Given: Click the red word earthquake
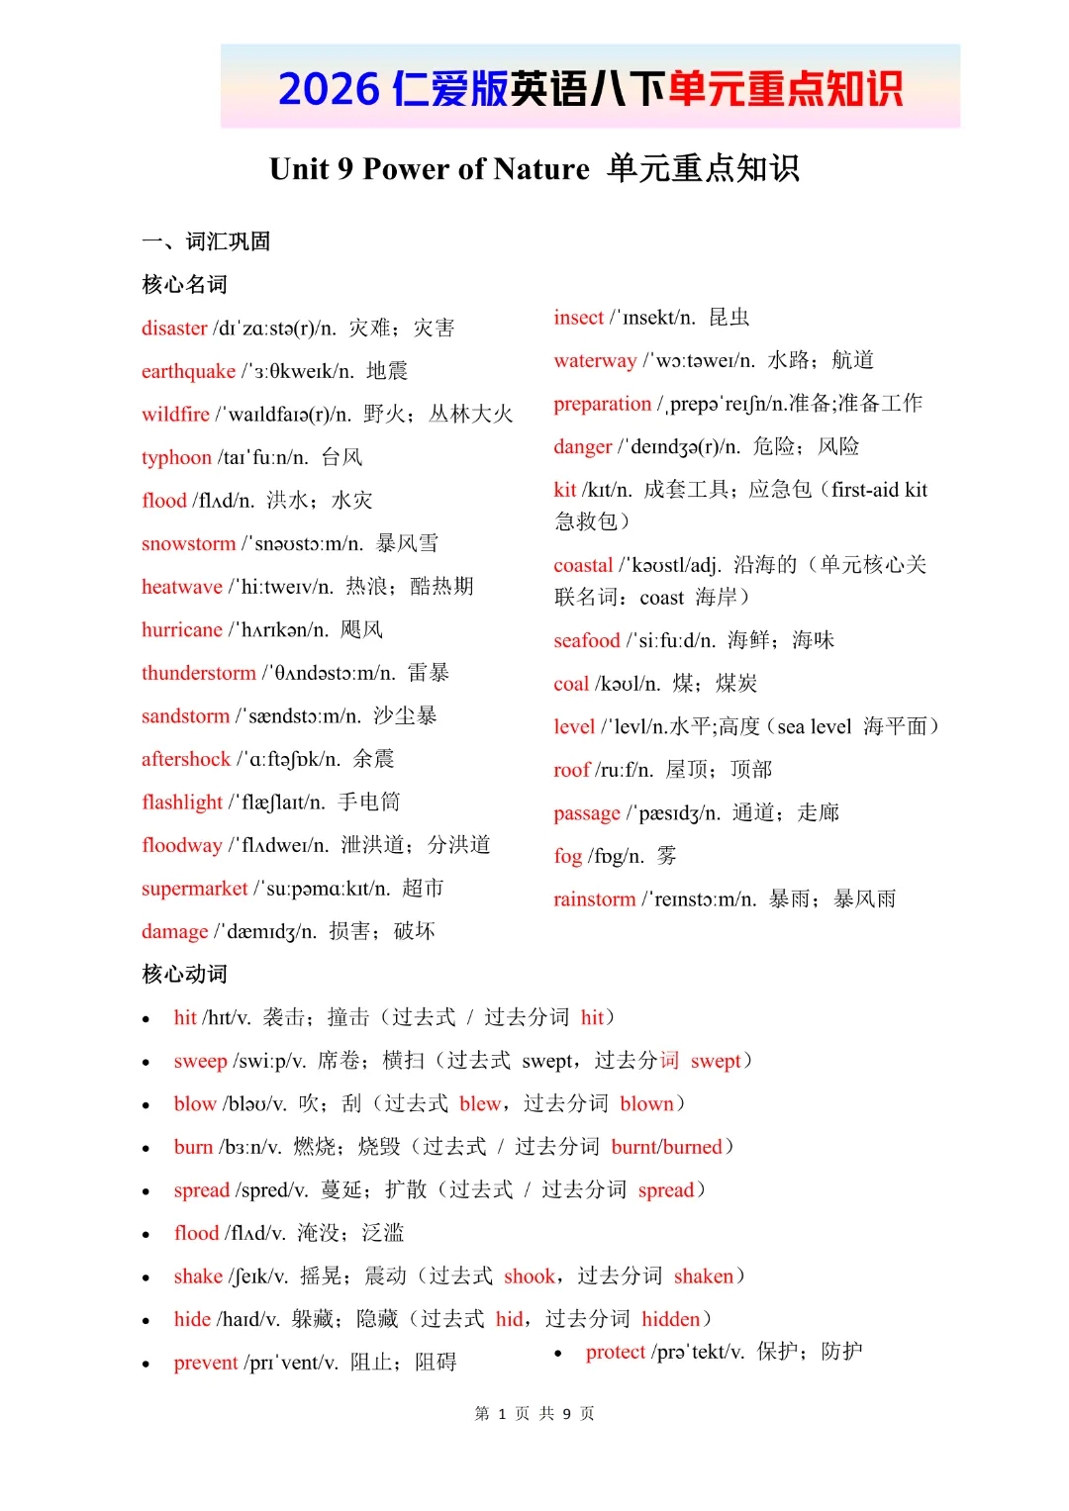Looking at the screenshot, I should (x=188, y=371).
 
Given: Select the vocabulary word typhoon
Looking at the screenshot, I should (x=176, y=457).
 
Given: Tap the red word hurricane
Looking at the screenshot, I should (x=181, y=629).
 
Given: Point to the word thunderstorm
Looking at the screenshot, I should (x=198, y=673).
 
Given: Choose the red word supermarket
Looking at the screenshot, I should (x=194, y=889).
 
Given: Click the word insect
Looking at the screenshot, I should (x=578, y=318).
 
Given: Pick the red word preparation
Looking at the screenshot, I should (x=602, y=404).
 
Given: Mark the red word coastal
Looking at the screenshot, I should (x=583, y=565).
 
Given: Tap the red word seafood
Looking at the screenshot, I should (x=586, y=640).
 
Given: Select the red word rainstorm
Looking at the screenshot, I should (x=594, y=899).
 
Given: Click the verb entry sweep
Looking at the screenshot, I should (x=200, y=1061).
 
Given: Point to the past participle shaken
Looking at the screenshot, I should (x=704, y=1276).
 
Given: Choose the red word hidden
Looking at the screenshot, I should (x=670, y=1319).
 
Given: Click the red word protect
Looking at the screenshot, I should (x=615, y=1352).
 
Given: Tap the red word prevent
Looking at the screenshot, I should (x=205, y=1363).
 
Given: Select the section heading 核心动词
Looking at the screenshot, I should (x=184, y=975).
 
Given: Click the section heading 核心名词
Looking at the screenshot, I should (x=184, y=285).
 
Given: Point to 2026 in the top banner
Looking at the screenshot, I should (x=329, y=89).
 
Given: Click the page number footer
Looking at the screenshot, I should (x=534, y=1413).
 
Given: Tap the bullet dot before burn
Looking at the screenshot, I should (x=146, y=1149).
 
